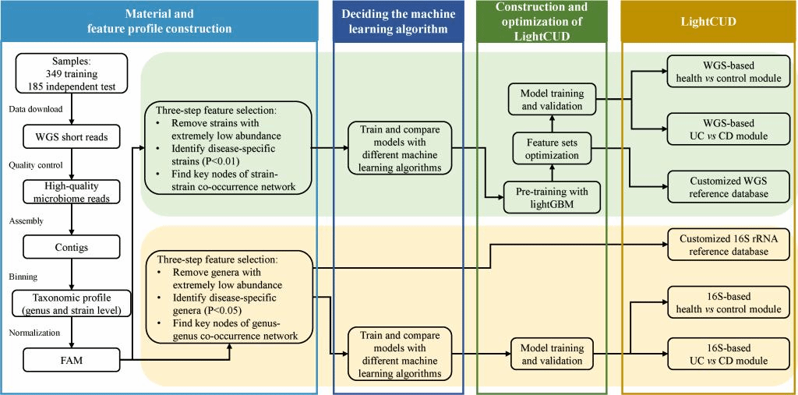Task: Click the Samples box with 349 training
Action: coord(71,73)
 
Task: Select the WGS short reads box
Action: coord(71,138)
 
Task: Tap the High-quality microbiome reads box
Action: coord(71,192)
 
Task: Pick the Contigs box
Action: coord(71,247)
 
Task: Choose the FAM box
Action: coord(71,359)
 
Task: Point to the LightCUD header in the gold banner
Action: coord(708,21)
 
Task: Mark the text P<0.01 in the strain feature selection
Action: coord(219,161)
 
